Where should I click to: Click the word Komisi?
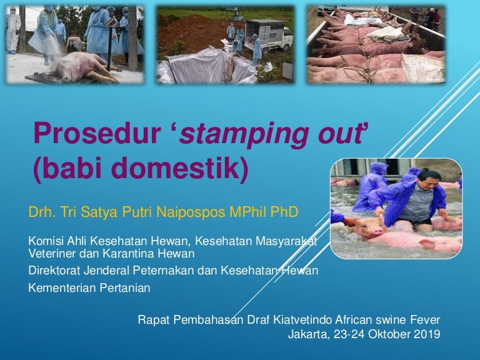[46, 241]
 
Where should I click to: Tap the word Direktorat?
[54, 270]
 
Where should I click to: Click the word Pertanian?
[125, 287]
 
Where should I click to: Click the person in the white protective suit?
[12, 30]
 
